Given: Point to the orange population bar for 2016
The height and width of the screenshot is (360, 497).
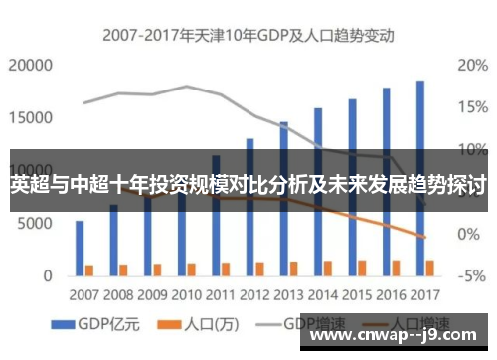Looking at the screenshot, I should click(396, 267).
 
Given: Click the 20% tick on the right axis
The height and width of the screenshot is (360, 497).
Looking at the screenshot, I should click(471, 66).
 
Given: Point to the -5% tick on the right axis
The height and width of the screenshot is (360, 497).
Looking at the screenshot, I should click(471, 274).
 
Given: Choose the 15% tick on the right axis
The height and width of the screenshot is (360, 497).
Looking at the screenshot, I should click(471, 107).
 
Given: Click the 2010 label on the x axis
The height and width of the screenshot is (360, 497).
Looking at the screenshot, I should click(187, 295).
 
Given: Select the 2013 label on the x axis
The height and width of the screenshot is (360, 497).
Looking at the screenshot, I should click(289, 295).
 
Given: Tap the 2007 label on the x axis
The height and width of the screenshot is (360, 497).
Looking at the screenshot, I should click(84, 295).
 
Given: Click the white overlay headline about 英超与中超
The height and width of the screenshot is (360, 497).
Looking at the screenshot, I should click(248, 185).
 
